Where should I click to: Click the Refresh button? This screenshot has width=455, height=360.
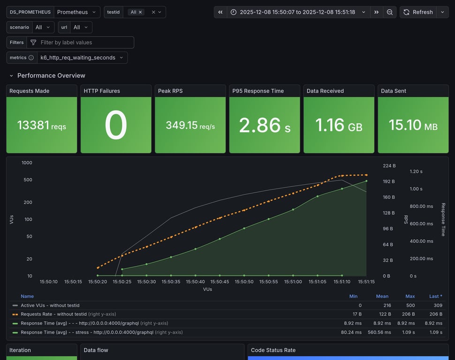click(x=418, y=12)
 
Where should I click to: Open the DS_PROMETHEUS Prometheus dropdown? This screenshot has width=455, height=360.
click(x=76, y=12)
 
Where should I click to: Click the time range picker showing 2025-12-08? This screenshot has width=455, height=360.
click(x=297, y=12)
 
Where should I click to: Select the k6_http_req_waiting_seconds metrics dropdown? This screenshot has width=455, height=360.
click(x=82, y=58)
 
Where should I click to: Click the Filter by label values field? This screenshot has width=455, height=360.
click(x=80, y=43)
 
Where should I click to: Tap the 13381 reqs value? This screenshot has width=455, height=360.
click(x=41, y=125)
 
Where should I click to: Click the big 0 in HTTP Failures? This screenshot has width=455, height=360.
click(x=116, y=125)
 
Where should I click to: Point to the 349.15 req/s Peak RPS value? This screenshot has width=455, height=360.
click(x=190, y=125)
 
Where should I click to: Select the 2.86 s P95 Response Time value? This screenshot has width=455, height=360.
click(x=264, y=125)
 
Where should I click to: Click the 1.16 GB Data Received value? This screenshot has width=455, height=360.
click(x=339, y=125)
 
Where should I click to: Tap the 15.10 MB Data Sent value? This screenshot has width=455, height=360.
click(x=413, y=125)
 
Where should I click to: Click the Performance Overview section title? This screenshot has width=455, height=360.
click(x=51, y=75)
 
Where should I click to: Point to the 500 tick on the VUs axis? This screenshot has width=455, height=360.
click(x=27, y=180)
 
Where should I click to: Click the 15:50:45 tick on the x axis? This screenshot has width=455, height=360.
click(x=220, y=282)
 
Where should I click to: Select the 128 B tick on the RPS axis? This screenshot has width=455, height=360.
click(x=388, y=213)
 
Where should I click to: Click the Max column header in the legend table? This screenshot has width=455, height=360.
click(x=410, y=296)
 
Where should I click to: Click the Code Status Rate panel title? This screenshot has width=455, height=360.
click(x=273, y=350)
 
